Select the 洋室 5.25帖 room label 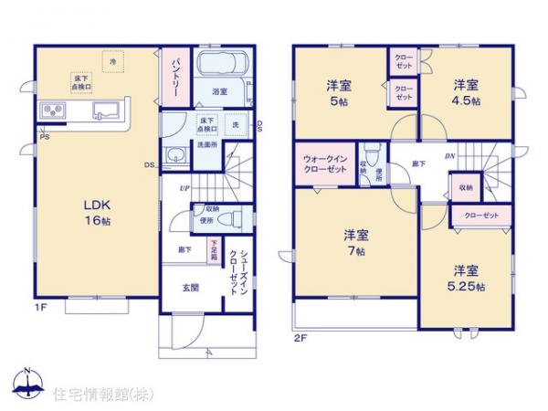(x=466, y=277)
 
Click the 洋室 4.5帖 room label (x=465, y=94)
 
